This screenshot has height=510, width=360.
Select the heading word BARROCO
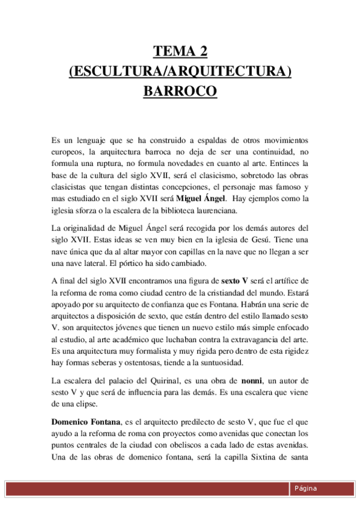point(180,92)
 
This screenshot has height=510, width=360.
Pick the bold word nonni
point(253,380)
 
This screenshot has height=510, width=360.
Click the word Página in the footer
point(305,488)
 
